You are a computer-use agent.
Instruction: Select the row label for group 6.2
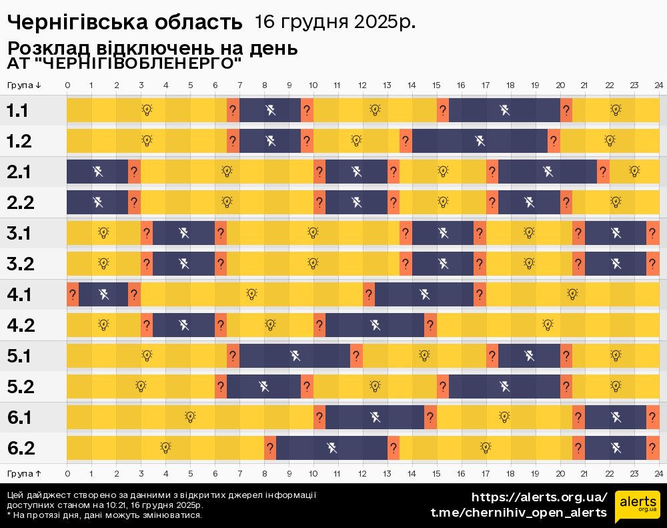(x=21, y=448)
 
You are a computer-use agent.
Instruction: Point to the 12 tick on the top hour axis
(x=362, y=85)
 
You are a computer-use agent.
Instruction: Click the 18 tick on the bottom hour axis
(x=510, y=473)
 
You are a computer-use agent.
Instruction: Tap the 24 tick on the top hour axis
(x=658, y=85)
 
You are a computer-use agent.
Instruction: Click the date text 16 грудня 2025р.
(x=335, y=22)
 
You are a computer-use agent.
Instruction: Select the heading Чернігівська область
(x=125, y=23)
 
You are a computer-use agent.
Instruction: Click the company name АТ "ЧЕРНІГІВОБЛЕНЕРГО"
(x=124, y=64)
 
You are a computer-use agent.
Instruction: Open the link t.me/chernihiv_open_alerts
(x=519, y=513)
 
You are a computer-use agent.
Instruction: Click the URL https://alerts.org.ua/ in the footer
(x=540, y=497)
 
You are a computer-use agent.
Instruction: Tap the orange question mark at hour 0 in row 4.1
(x=73, y=294)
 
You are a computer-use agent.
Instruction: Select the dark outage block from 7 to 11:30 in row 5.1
(x=295, y=356)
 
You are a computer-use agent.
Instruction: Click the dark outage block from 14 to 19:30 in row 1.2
(x=480, y=141)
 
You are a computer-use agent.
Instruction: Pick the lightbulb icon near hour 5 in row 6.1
(x=190, y=417)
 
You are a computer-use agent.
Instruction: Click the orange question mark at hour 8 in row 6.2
(x=270, y=448)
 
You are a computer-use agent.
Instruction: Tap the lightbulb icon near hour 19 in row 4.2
(x=548, y=325)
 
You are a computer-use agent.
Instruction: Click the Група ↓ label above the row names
(x=25, y=85)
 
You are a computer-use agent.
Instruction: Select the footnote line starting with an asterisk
(x=104, y=515)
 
